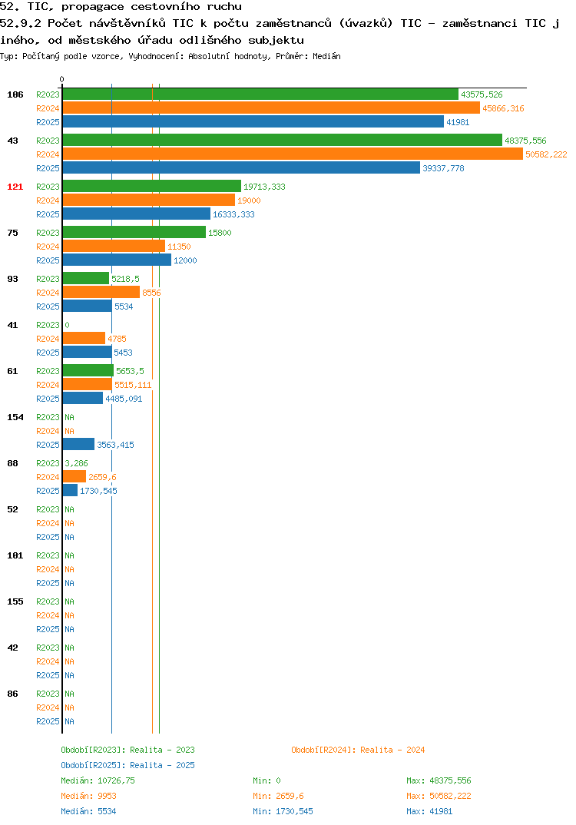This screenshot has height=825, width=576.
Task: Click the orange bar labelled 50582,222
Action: click(x=293, y=154)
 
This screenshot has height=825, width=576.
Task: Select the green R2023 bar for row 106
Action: click(x=260, y=94)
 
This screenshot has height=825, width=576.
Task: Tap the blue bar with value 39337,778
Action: click(x=241, y=167)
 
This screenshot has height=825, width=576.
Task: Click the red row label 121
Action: click(x=15, y=187)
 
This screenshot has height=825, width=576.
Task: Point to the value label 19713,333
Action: click(x=264, y=187)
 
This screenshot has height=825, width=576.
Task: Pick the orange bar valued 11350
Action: click(x=114, y=247)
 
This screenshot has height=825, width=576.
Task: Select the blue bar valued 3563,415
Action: click(x=79, y=445)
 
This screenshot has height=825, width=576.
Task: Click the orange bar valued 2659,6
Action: click(x=74, y=477)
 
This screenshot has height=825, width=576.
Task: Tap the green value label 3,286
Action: click(x=76, y=463)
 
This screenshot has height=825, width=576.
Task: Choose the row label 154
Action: click(x=15, y=417)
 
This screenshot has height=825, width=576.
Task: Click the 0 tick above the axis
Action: click(x=62, y=79)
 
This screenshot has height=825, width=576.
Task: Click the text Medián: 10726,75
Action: click(x=98, y=780)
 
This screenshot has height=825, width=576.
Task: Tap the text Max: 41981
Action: click(x=429, y=811)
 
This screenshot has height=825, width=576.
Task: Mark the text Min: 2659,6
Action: click(x=278, y=796)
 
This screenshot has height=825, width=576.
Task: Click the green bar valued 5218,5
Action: click(x=86, y=278)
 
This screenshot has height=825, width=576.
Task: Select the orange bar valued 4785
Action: click(x=84, y=338)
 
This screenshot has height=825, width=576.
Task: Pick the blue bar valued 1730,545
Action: click(x=71, y=490)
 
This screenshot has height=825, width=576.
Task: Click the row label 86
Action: click(x=12, y=694)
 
